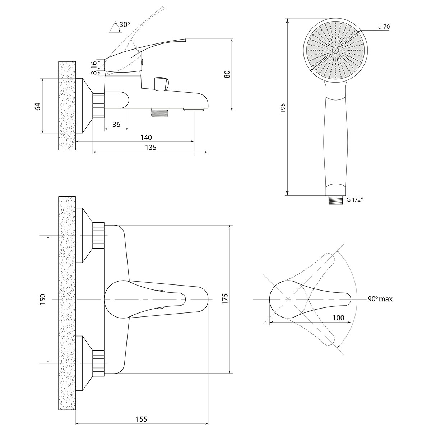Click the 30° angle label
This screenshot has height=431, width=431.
pos(125,24)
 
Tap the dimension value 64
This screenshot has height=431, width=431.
pos(38,106)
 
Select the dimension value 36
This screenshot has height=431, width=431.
pos(116,124)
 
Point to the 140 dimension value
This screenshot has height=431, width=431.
pos(146,137)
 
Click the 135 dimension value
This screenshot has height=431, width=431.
pos(151,147)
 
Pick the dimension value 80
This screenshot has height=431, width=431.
pos(227,74)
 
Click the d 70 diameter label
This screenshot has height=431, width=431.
pos(384,27)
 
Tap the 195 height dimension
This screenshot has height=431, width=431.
pos(283,108)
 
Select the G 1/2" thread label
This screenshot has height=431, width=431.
pos(354,200)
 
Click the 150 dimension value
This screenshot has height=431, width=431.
pos(42,299)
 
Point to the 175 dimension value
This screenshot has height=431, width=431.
pos(225,298)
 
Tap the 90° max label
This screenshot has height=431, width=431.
pos(380,299)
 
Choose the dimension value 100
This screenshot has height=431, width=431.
pos(338,318)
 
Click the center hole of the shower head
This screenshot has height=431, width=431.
pos(335,50)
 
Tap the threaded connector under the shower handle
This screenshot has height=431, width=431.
pos(335,200)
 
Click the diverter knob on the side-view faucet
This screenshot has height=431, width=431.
pos(161,84)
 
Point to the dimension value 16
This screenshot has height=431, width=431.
pos(94,63)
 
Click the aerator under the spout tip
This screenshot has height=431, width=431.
pos(194,110)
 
